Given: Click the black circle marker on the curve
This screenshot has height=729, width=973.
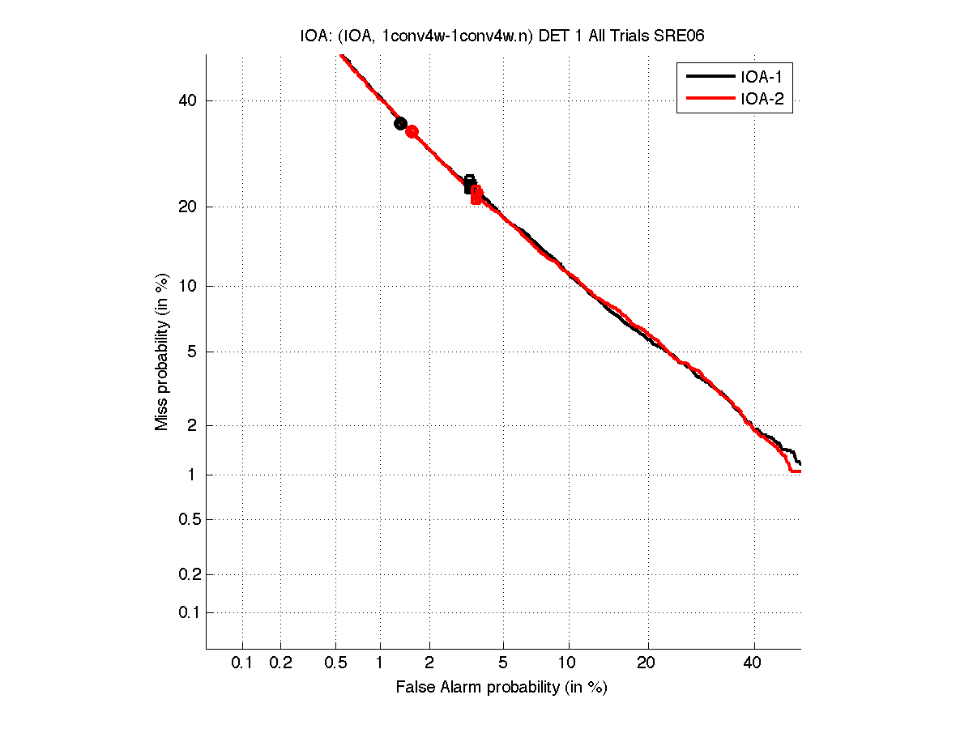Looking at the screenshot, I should (x=400, y=123).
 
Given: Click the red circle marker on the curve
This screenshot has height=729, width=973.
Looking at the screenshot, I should (x=412, y=131).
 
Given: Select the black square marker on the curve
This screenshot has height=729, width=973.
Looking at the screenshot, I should (x=469, y=184).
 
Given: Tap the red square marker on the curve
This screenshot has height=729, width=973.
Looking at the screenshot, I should (x=476, y=195).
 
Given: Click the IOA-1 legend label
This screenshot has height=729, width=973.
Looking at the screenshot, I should (x=761, y=77).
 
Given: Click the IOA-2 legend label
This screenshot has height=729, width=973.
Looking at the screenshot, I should (x=761, y=100).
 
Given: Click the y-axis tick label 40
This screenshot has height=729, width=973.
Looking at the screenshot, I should (x=187, y=100).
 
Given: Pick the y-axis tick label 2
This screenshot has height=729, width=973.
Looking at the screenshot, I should (x=191, y=425).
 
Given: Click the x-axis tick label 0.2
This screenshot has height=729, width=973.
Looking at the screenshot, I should (x=280, y=663).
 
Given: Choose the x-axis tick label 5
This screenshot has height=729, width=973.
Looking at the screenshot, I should (x=503, y=663).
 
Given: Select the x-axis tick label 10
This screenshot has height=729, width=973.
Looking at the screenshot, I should (x=570, y=663).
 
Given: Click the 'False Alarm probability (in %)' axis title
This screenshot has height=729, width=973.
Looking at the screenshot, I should (x=501, y=688).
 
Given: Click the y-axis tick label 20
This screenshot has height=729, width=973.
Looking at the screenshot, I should (x=187, y=207).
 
